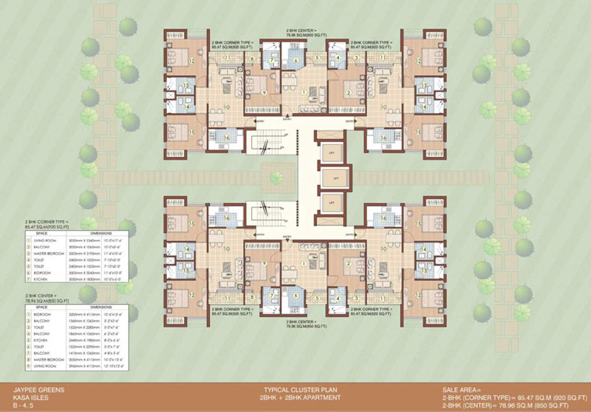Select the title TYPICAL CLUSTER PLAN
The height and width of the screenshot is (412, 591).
coord(300,390)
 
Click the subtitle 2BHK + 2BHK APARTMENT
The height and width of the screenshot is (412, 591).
coord(301,398)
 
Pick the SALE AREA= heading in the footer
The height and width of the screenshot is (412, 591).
coord(462,390)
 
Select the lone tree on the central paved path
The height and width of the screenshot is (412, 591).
coord(276,178)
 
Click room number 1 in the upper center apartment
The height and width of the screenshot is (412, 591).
coord(304,92)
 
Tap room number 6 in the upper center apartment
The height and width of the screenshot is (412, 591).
coord(295,61)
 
